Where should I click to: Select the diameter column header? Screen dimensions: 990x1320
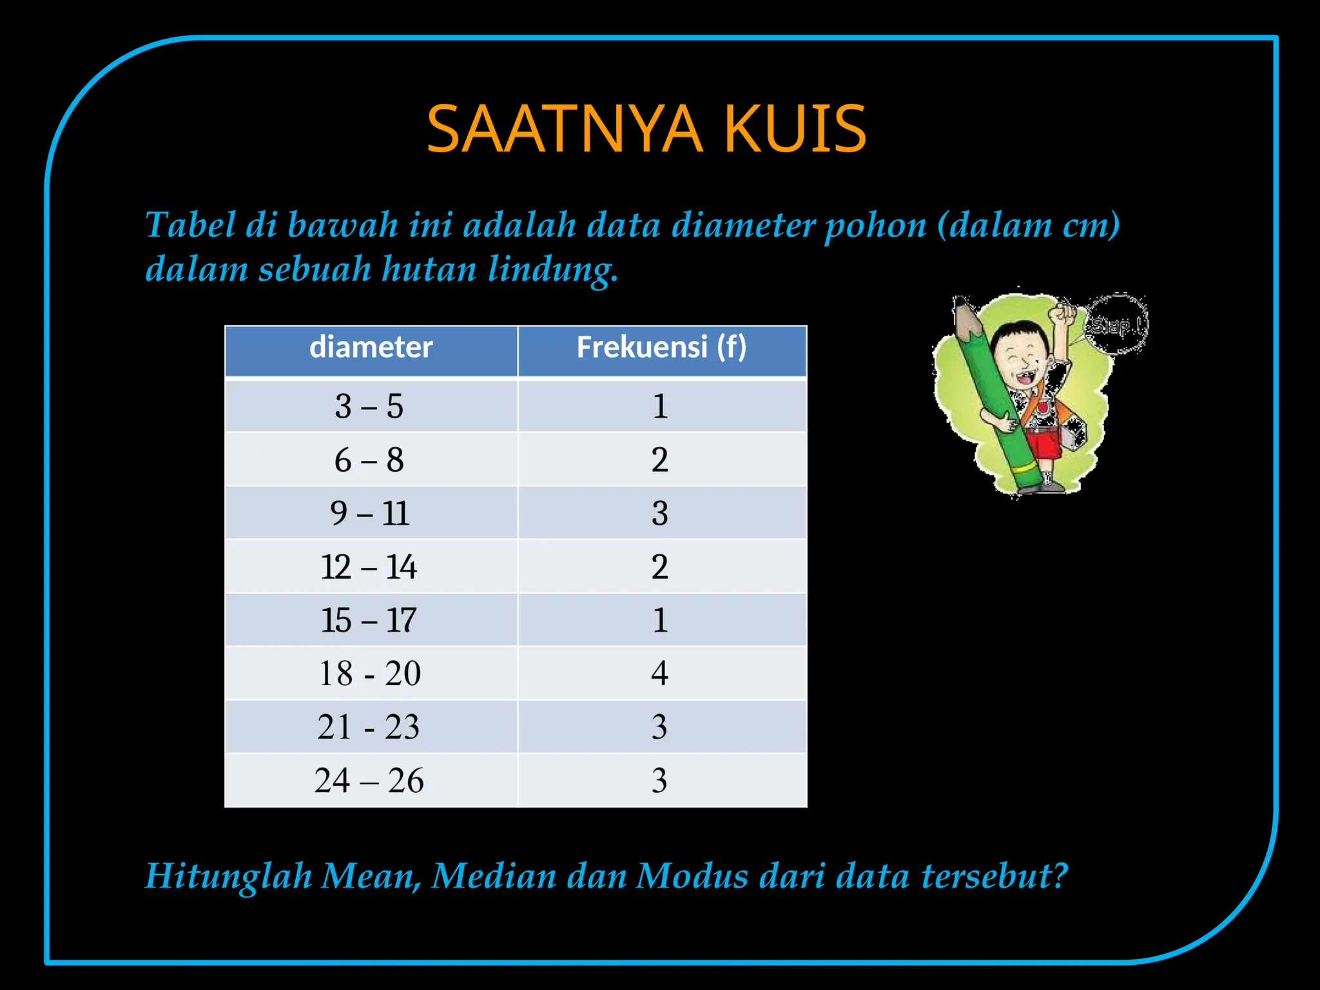point(371,348)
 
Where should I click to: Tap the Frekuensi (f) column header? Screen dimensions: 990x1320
point(661,348)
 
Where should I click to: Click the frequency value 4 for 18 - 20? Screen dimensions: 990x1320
point(659,674)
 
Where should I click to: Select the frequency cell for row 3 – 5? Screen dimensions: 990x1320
point(659,407)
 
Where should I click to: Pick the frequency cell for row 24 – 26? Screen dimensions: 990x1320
point(659,781)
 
